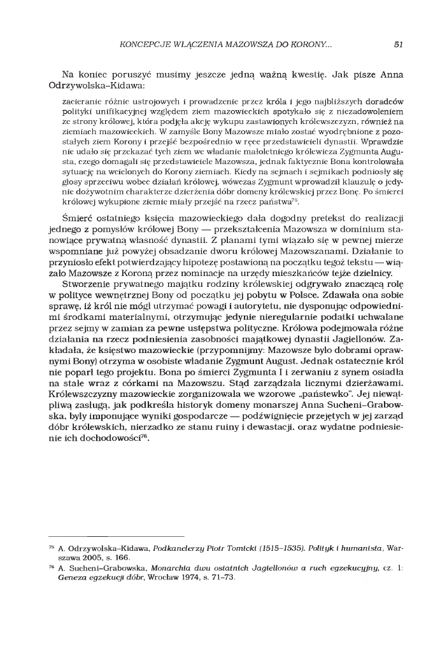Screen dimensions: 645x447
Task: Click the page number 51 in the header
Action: point(398,45)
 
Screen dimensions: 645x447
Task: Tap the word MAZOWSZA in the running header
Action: point(238,45)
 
